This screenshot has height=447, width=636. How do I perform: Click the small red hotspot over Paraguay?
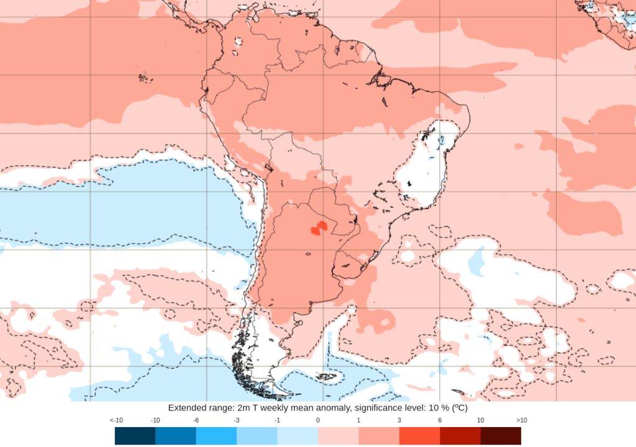[319, 228]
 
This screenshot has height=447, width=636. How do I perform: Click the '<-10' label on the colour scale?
[116, 420]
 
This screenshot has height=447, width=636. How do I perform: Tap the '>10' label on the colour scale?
[521, 420]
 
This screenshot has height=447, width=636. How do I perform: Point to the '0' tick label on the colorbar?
[318, 420]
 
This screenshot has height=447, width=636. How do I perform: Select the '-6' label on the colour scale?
[196, 420]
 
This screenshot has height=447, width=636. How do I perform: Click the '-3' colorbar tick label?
[237, 420]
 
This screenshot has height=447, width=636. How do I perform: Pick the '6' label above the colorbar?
[440, 420]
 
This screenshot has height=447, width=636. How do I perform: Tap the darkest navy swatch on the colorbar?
[135, 436]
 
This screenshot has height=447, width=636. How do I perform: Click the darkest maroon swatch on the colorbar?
[501, 436]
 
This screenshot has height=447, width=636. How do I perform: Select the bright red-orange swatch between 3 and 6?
[419, 436]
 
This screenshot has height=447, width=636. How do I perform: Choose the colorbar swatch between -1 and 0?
[298, 436]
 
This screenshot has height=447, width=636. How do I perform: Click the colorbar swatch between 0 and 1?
[338, 436]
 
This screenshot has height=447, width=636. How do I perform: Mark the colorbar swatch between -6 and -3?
[216, 436]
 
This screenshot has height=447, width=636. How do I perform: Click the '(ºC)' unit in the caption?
[458, 409]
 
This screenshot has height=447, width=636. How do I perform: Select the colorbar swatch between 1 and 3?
[379, 436]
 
